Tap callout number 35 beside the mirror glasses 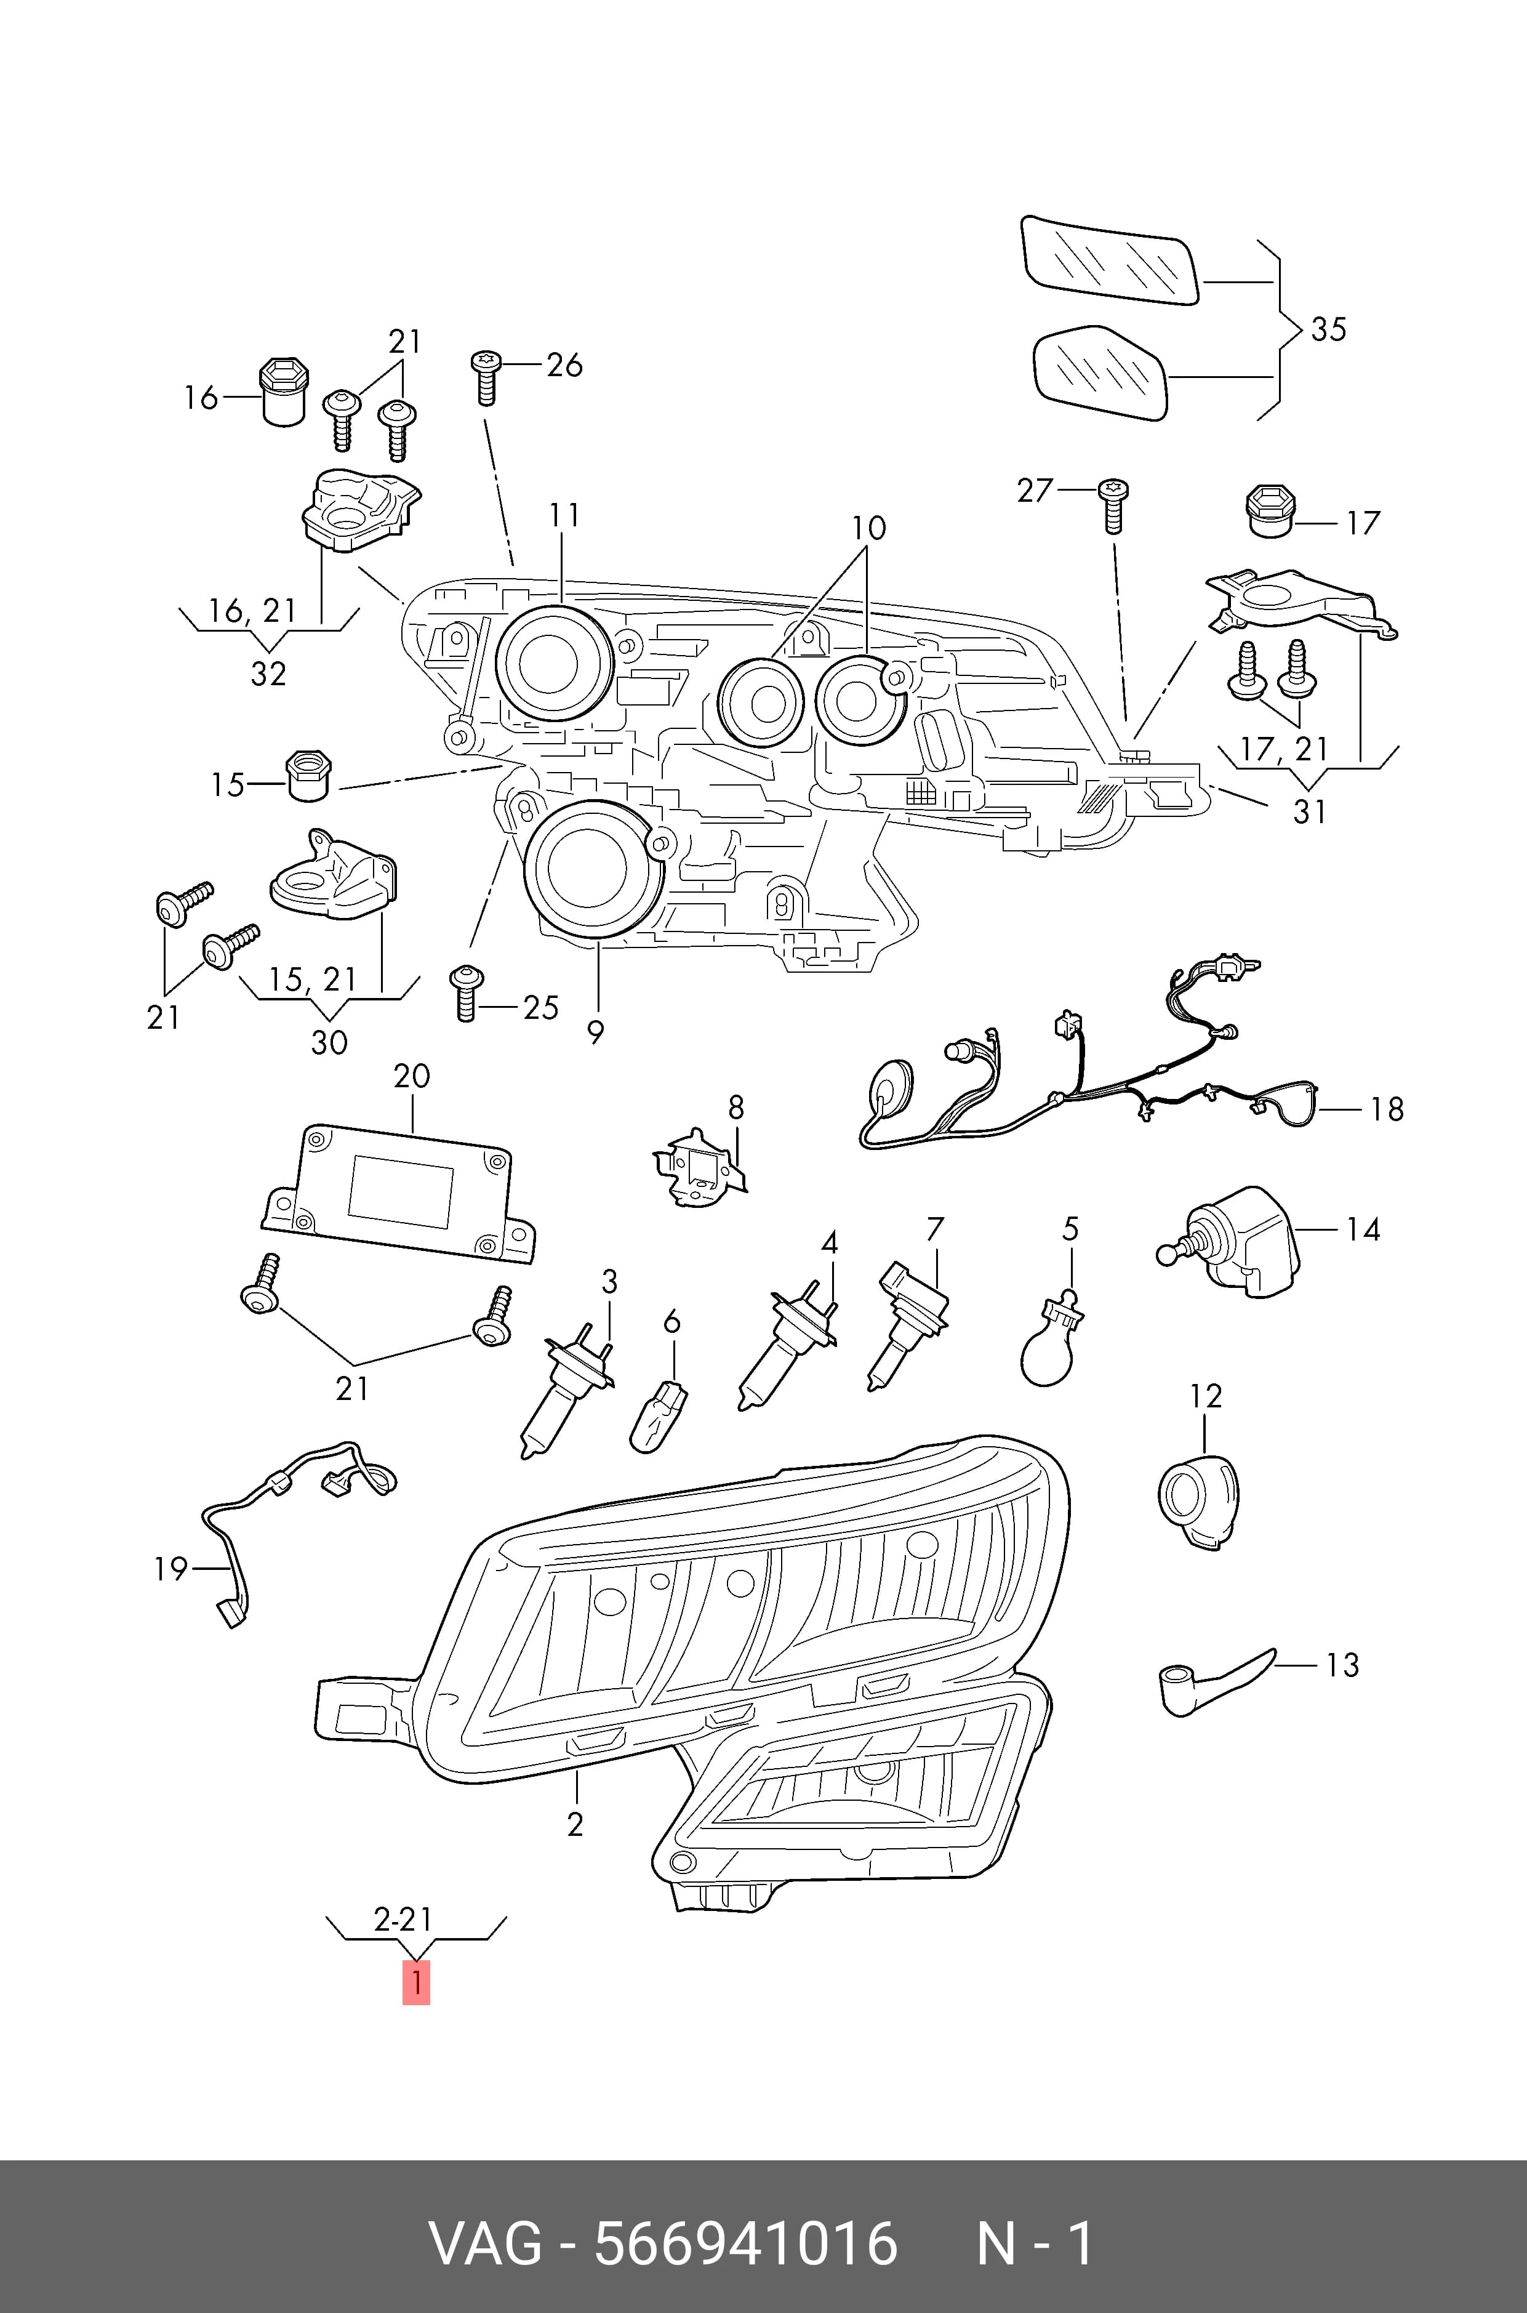[1328, 329]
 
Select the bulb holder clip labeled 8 [699, 1168]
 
